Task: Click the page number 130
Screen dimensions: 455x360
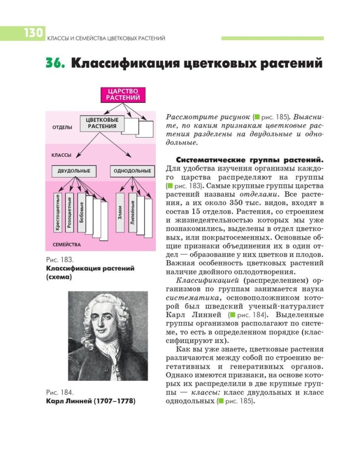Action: [32, 33]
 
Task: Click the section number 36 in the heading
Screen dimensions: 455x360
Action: [56, 64]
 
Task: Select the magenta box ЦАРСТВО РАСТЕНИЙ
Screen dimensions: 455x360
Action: [123, 95]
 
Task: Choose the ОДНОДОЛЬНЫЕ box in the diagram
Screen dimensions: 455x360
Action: [132, 171]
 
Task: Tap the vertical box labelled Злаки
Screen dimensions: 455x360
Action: [120, 211]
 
